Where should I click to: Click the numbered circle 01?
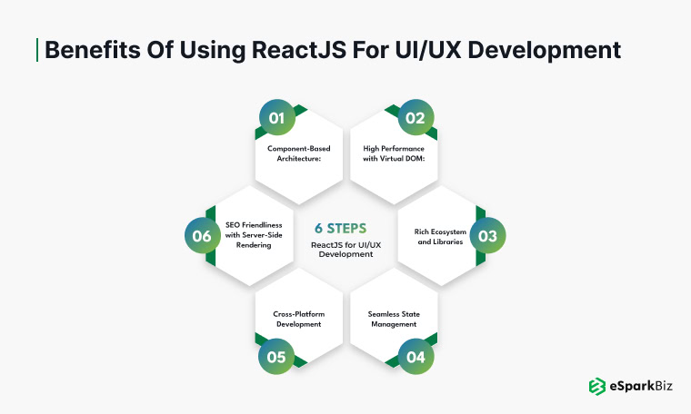click(276, 118)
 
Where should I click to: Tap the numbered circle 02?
click(416, 118)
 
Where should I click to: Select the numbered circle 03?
click(488, 236)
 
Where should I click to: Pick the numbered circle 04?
click(416, 356)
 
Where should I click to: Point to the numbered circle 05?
click(276, 356)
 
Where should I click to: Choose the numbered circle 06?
click(202, 236)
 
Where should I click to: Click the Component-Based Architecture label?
click(299, 152)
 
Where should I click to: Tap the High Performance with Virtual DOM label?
click(393, 152)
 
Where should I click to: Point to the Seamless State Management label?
click(393, 319)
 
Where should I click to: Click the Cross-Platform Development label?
click(299, 319)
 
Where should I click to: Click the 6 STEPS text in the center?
click(345, 228)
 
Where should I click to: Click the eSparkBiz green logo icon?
click(597, 386)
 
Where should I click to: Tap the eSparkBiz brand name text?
click(640, 386)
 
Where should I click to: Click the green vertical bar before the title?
click(36, 50)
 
